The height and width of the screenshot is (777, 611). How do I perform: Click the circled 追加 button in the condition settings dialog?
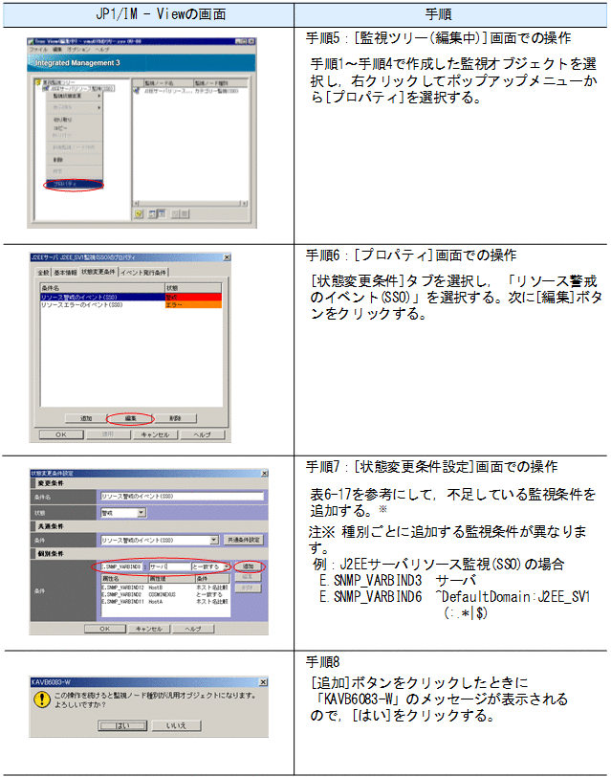click(248, 567)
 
